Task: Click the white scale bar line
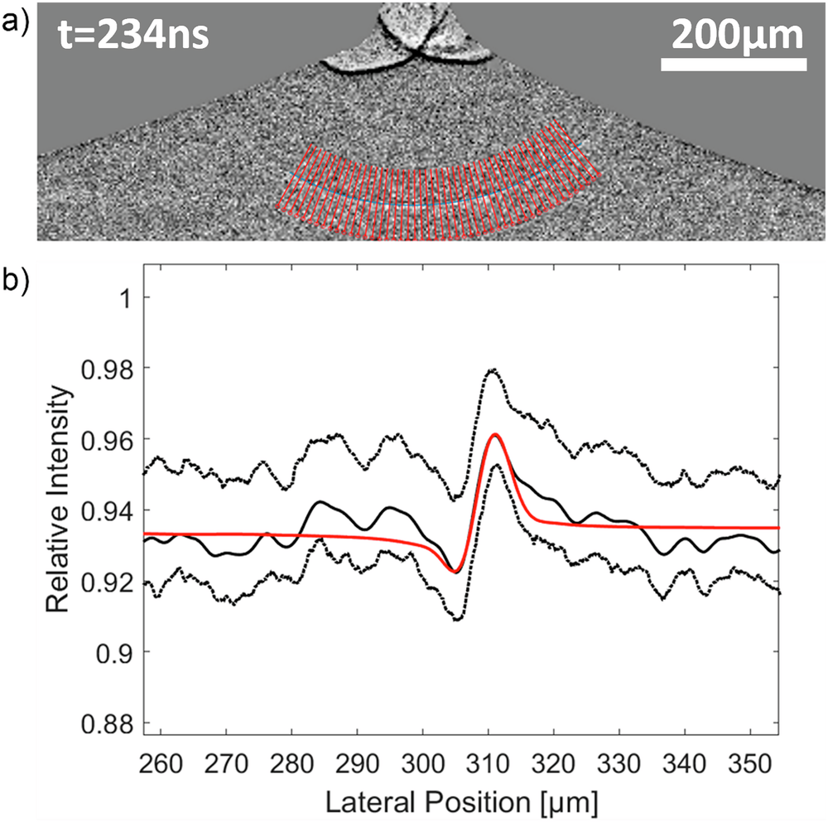734,64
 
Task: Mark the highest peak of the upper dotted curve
492,370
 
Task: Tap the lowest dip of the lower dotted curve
458,619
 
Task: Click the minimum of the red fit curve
455,571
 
